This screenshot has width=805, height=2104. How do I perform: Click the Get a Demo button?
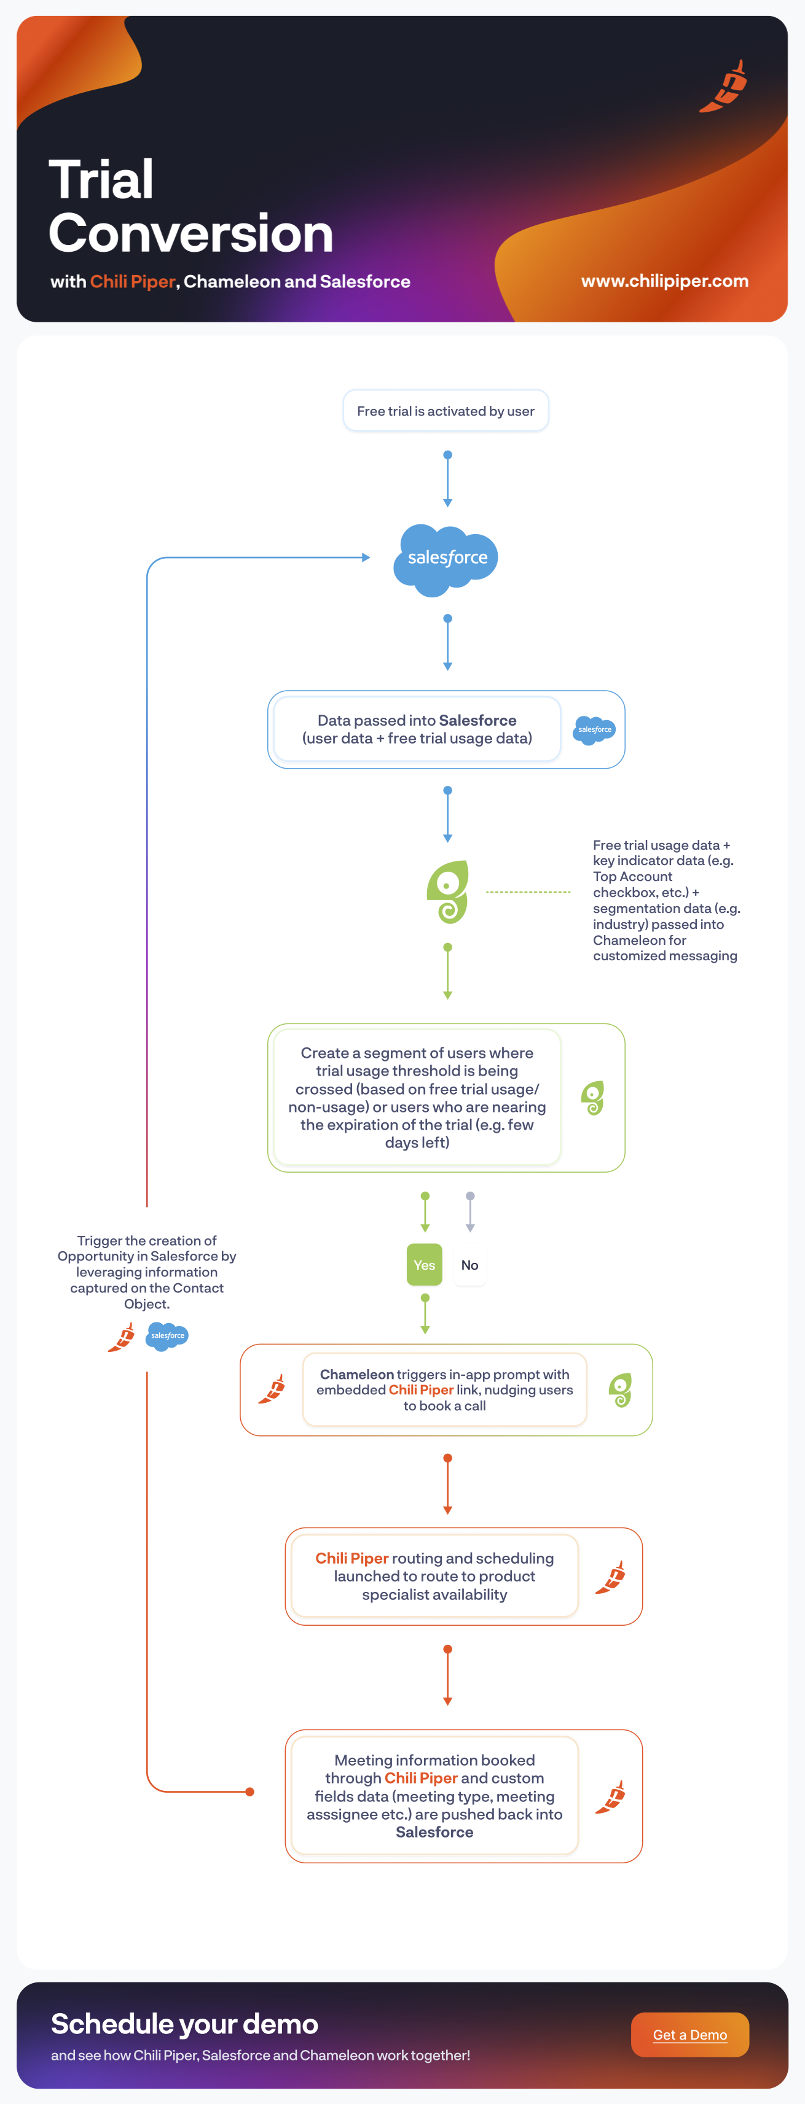[689, 2034]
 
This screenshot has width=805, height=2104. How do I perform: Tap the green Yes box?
[424, 1264]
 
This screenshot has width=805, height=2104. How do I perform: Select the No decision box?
[470, 1264]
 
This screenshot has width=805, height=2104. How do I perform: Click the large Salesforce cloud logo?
[446, 559]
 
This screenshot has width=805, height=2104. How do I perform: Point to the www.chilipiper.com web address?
[664, 281]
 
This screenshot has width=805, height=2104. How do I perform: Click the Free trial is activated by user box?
[446, 411]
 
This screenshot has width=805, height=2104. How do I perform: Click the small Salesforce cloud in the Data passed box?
[594, 729]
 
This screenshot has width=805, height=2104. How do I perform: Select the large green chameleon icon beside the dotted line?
[448, 892]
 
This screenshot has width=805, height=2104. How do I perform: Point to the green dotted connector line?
[528, 892]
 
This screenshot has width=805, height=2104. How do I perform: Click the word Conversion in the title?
[191, 233]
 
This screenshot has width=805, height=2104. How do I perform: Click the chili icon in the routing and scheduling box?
[610, 1577]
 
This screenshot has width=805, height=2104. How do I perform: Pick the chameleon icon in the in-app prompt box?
[620, 1390]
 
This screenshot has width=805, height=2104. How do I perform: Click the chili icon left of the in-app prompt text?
[272, 1389]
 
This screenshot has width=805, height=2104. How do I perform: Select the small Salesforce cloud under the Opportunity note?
[168, 1336]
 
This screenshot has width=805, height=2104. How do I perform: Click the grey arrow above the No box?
[470, 1212]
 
